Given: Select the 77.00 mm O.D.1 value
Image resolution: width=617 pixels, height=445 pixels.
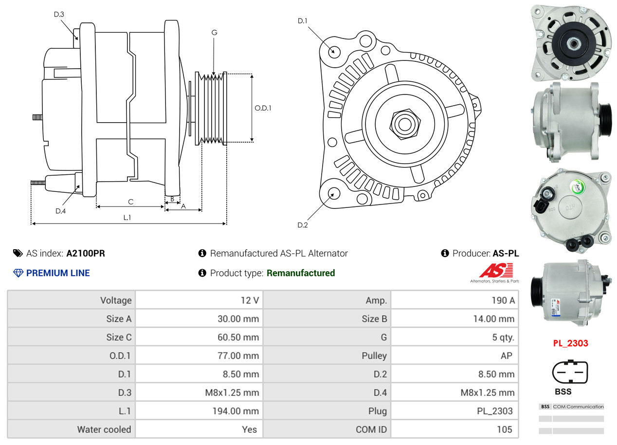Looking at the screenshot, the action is click(238, 355).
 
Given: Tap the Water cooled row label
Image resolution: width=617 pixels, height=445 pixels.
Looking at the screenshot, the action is click(104, 429).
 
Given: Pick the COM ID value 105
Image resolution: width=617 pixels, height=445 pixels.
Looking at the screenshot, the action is click(504, 429).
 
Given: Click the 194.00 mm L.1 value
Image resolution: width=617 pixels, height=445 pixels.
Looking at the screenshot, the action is click(236, 411).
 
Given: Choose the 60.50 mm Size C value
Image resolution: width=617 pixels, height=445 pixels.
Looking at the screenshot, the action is click(238, 337).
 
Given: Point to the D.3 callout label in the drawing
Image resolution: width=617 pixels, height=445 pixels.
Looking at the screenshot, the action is click(59, 14).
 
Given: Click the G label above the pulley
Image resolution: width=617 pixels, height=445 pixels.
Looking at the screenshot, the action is click(214, 33).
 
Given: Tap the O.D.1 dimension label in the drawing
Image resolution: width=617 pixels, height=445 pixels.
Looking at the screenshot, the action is click(263, 108).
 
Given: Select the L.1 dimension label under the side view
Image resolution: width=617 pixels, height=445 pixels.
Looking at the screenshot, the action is click(127, 218).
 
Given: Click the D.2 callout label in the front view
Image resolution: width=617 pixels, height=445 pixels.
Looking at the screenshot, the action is click(303, 225).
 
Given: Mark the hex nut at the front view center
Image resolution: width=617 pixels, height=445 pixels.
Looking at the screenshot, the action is click(405, 124).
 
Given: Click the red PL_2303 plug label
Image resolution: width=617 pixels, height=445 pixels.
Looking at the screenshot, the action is click(570, 343).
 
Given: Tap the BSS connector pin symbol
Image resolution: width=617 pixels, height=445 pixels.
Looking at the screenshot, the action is click(570, 371).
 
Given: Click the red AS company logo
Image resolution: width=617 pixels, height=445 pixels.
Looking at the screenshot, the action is click(496, 271).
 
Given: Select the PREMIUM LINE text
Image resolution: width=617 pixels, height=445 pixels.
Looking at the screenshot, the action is click(58, 273).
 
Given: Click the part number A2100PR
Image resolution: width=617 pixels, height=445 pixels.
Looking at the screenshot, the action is click(85, 253).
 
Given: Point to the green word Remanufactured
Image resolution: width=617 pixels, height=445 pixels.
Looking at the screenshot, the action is click(301, 273).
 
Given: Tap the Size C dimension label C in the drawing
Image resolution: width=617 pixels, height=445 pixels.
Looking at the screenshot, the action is click(130, 202).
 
